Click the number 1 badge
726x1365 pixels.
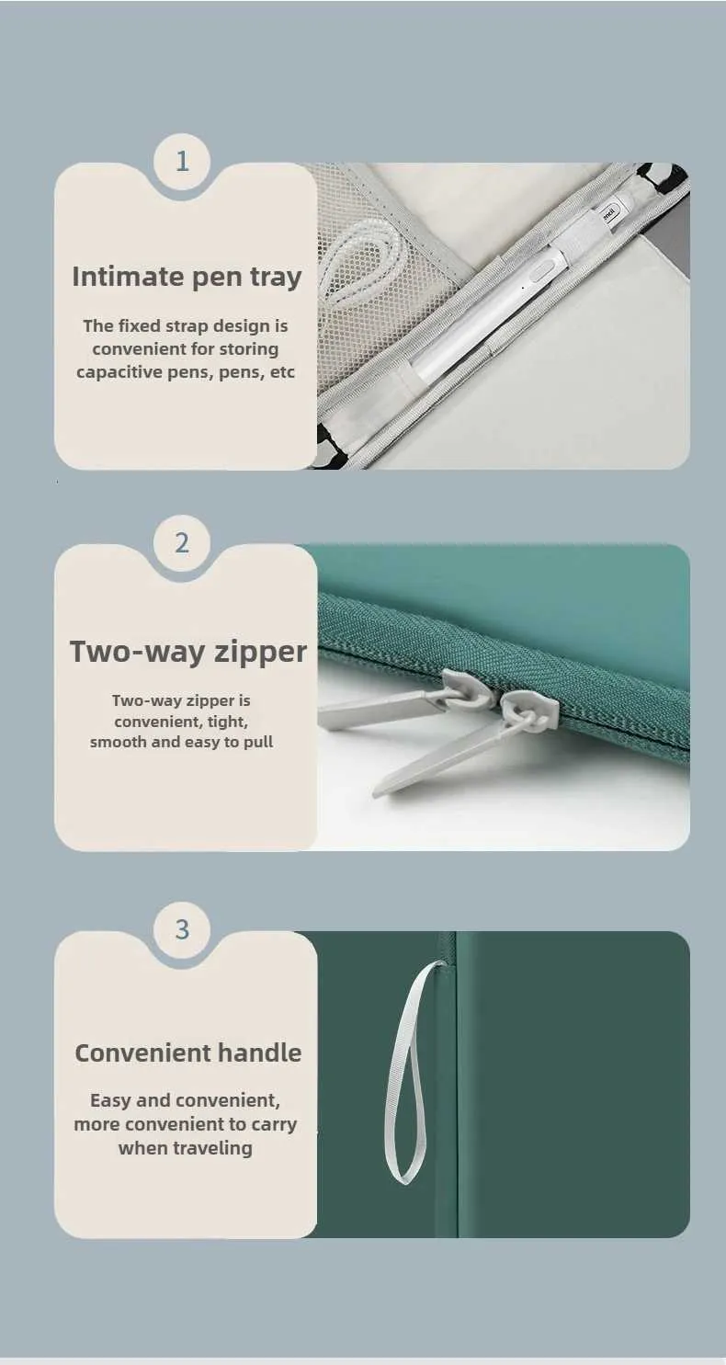pyautogui.click(x=182, y=162)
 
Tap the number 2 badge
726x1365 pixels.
pyautogui.click(x=182, y=542)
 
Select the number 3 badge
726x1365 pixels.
pyautogui.click(x=182, y=929)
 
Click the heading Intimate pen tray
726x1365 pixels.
pyautogui.click(x=187, y=277)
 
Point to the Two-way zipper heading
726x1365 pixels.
pyautogui.click(x=188, y=652)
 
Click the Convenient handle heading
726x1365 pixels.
pyautogui.click(x=188, y=1052)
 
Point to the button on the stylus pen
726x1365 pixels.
pyautogui.click(x=539, y=269)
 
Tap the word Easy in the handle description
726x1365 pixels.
pyautogui.click(x=111, y=1100)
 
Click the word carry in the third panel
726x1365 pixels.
pyautogui.click(x=274, y=1124)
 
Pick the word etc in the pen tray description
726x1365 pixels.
pyautogui.click(x=282, y=372)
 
